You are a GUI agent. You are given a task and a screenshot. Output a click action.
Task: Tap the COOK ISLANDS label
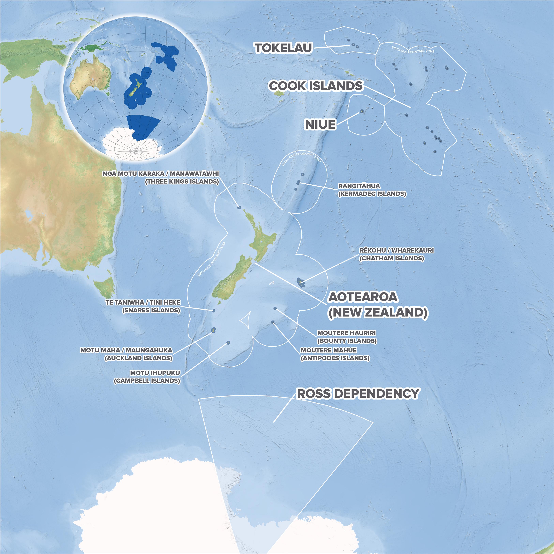click(316, 86)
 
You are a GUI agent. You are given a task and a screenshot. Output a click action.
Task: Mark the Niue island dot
click(362, 111)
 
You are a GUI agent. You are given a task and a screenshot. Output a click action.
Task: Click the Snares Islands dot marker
click(213, 311)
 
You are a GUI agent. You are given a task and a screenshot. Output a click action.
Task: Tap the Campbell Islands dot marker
click(228, 342)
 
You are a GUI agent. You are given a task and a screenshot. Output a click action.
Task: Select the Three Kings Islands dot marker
click(239, 207)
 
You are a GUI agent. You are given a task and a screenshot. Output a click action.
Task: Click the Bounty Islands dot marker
click(275, 308)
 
